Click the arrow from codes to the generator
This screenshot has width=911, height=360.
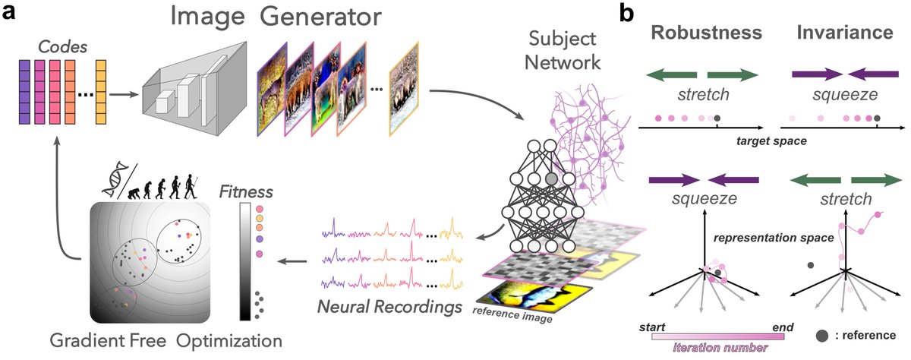125,96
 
